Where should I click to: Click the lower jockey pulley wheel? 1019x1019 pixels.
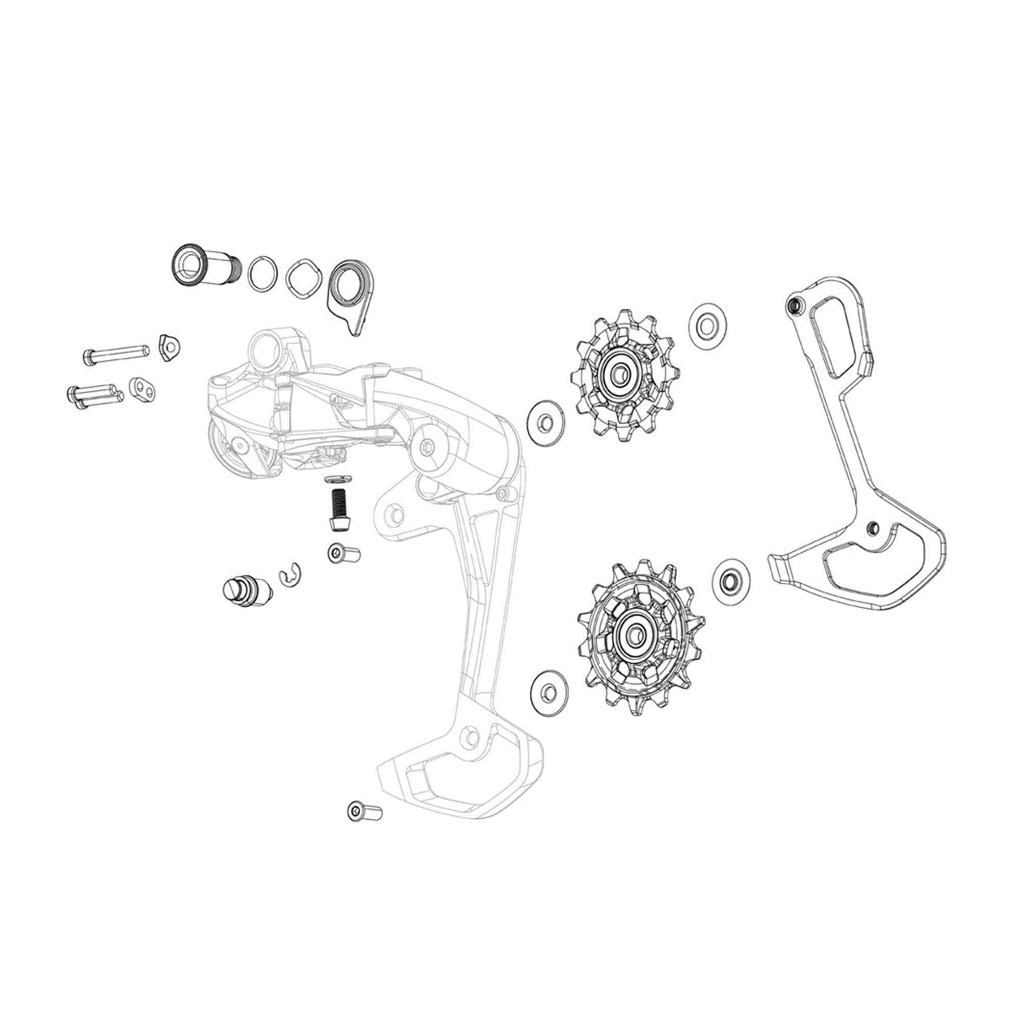pyautogui.click(x=640, y=636)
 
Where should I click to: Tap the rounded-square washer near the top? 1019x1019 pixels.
pyautogui.click(x=304, y=278)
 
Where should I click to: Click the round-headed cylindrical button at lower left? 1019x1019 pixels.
pyautogui.click(x=246, y=589)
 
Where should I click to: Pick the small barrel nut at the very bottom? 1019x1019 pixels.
pyautogui.click(x=364, y=826)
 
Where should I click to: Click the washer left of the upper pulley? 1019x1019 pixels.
pyautogui.click(x=546, y=422)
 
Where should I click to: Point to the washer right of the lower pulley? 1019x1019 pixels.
pyautogui.click(x=730, y=581)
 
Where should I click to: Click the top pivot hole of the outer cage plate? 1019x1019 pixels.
pyautogui.click(x=792, y=305)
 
